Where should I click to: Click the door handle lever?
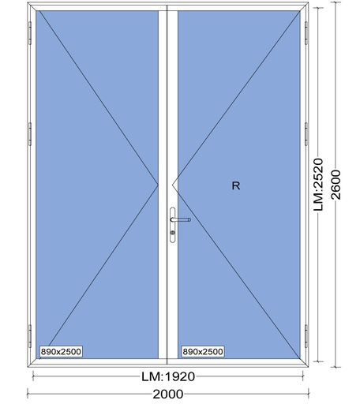click(x=181, y=219)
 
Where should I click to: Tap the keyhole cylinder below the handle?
click(x=172, y=233)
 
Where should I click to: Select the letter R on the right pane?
click(x=236, y=185)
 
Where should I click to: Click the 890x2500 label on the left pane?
click(x=61, y=351)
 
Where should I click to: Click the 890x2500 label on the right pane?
click(x=203, y=351)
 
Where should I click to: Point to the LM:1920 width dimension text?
click(x=168, y=376)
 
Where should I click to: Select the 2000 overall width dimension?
click(x=168, y=394)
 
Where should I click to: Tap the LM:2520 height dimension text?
click(x=318, y=184)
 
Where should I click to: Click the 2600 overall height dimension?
click(x=336, y=185)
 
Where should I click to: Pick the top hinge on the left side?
click(x=30, y=33)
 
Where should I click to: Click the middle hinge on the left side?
click(x=30, y=134)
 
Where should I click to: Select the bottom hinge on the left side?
click(x=30, y=336)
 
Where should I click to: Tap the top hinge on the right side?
click(x=306, y=33)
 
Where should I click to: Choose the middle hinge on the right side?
click(x=306, y=134)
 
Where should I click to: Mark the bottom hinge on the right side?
click(x=306, y=336)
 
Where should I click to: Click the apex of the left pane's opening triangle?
click(x=158, y=185)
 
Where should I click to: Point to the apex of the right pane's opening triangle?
click(x=173, y=185)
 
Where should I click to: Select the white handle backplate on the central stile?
click(x=172, y=225)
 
